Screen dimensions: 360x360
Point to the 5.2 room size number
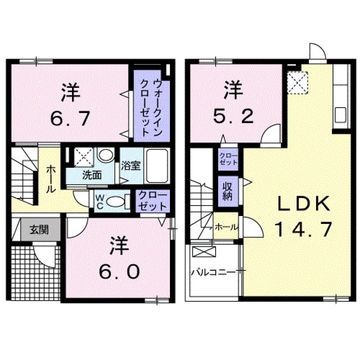[233, 116]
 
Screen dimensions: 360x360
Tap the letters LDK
[303, 204]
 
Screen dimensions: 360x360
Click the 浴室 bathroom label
[131, 165]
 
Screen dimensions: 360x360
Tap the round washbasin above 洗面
[105, 155]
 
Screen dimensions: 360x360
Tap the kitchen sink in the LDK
[341, 114]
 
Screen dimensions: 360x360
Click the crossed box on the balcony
[204, 251]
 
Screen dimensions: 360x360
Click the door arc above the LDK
[317, 52]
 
